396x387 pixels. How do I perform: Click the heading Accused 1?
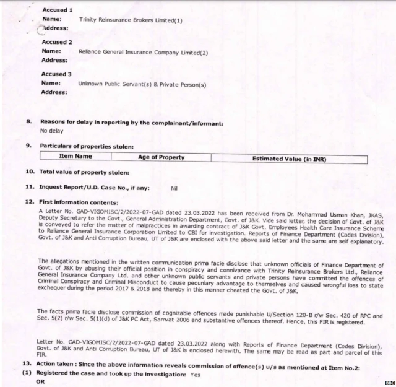point(56,11)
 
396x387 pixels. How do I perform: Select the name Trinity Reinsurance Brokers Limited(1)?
point(131,20)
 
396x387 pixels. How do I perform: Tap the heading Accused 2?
point(56,42)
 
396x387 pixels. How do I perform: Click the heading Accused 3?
point(56,74)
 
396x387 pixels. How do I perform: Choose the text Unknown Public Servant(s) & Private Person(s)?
point(142,84)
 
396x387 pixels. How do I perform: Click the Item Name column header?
point(75,157)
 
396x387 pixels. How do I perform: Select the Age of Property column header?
point(161,157)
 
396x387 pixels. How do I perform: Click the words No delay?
point(53,131)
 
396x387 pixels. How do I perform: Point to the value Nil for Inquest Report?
point(174,186)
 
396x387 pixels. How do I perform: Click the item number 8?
point(29,122)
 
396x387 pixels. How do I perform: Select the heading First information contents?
point(79,202)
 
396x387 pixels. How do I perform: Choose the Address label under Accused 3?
point(54,92)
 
